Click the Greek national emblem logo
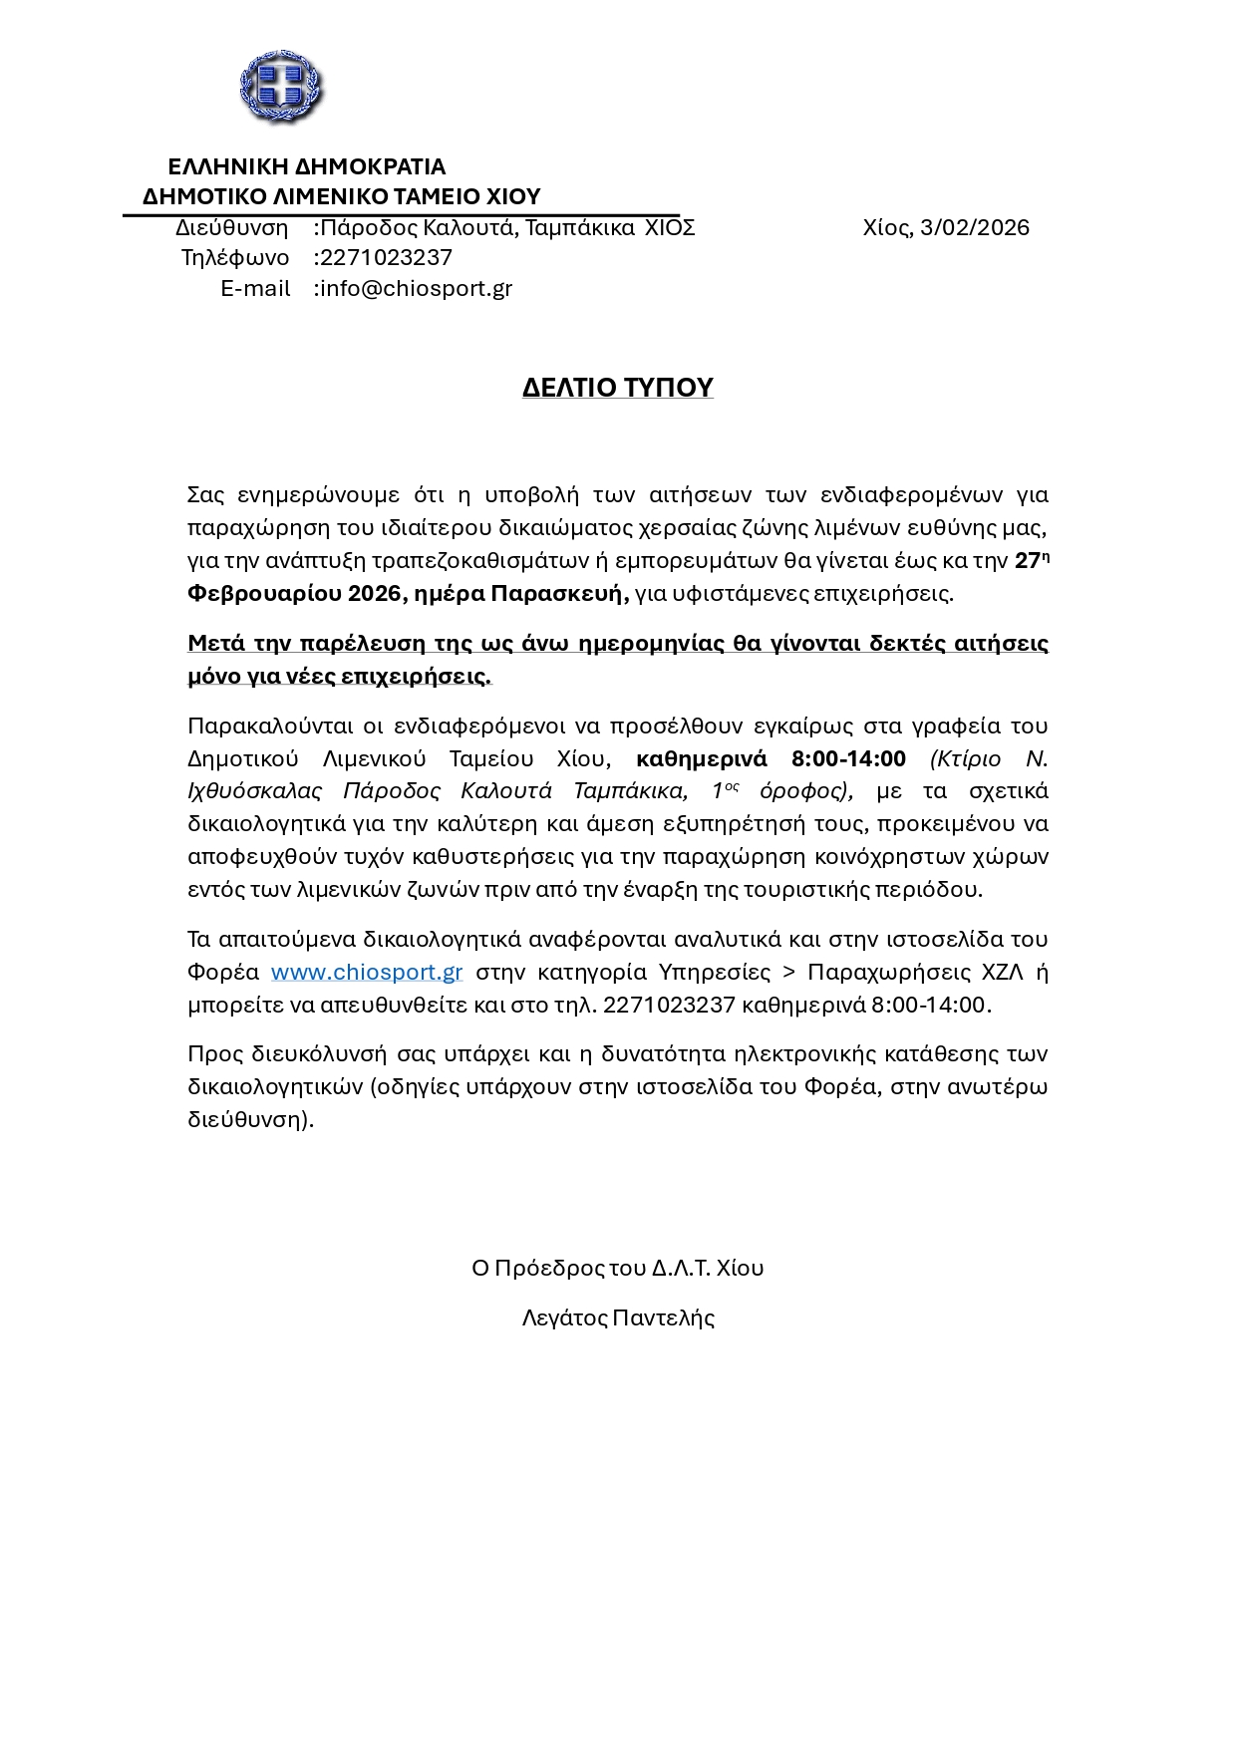click(x=281, y=87)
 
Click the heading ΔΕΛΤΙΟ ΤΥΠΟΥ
click(x=618, y=387)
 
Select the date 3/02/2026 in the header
click(x=975, y=228)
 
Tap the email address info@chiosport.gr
click(x=416, y=289)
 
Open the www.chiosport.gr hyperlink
click(x=367, y=972)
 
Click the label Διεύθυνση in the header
click(x=231, y=228)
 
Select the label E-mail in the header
click(x=255, y=289)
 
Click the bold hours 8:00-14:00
click(x=848, y=759)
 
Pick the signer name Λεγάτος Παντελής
click(x=618, y=1318)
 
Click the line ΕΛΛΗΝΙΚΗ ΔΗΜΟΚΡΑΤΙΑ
click(x=306, y=166)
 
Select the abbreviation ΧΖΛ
click(x=1003, y=972)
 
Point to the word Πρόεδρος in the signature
click(x=548, y=1269)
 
